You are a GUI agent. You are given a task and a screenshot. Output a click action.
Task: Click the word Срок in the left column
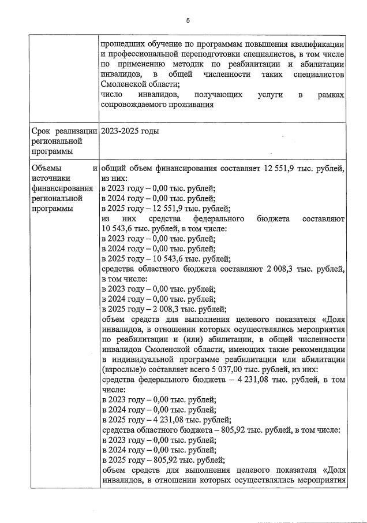point(43,131)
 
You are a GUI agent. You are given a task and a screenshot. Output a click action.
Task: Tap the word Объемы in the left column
point(47,168)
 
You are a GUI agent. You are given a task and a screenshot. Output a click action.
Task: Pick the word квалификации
point(320,44)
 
